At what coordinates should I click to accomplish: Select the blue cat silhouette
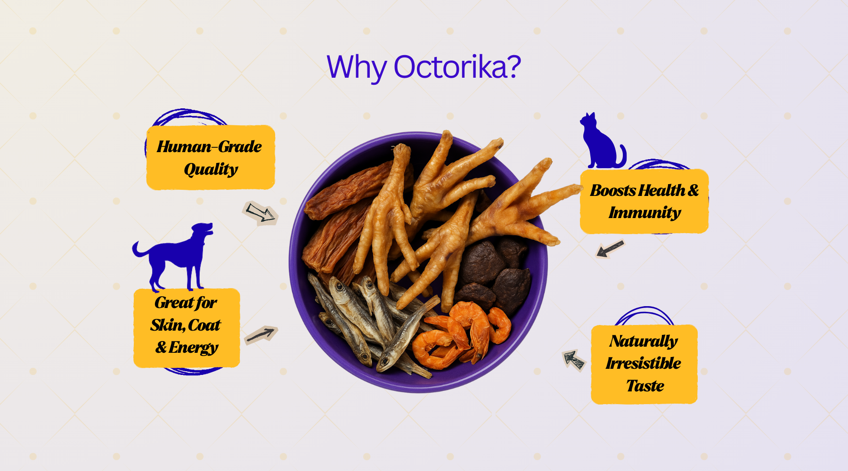[x=603, y=140]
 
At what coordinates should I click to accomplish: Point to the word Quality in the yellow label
[x=211, y=169]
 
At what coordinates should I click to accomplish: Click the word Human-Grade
[x=209, y=146]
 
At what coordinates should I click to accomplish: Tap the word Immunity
[x=644, y=213]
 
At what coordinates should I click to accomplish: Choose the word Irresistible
[x=644, y=363]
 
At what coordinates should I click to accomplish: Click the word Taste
[x=645, y=386]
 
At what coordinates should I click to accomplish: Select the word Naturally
[x=644, y=341]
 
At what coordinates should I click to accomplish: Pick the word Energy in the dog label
[x=193, y=348]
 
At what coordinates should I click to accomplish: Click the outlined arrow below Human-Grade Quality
[x=260, y=212]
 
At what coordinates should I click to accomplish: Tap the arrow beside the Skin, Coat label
[x=261, y=335]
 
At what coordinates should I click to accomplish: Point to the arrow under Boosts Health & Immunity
[x=610, y=249]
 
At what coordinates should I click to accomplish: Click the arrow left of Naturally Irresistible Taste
[x=574, y=360]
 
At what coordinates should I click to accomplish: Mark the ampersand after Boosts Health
[x=693, y=190]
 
